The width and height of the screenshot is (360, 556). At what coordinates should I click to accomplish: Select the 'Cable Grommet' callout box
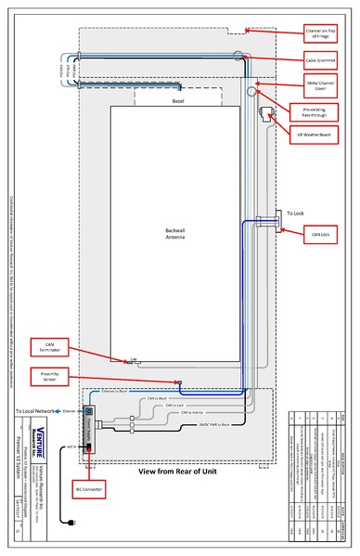point(320,62)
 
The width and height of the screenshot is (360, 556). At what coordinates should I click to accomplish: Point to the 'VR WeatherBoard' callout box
point(320,135)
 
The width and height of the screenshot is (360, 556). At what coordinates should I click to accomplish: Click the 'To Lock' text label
point(295,213)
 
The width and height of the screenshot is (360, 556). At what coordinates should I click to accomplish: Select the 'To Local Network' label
point(36,410)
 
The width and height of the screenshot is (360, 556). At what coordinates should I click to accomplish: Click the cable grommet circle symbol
point(239,57)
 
